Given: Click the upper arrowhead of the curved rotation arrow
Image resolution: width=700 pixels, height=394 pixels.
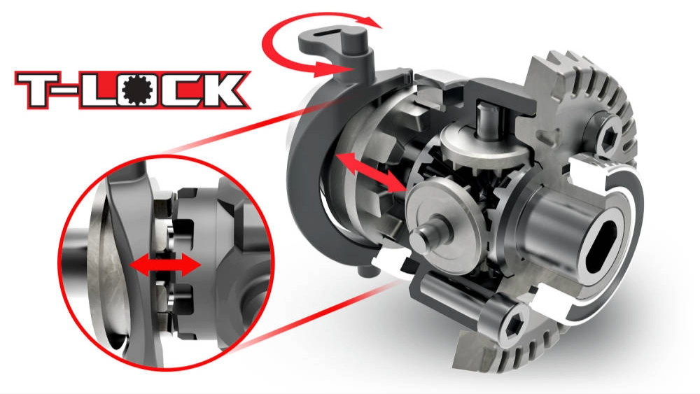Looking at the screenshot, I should (x=374, y=22).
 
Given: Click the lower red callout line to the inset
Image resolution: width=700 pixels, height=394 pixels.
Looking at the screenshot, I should (x=294, y=322).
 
